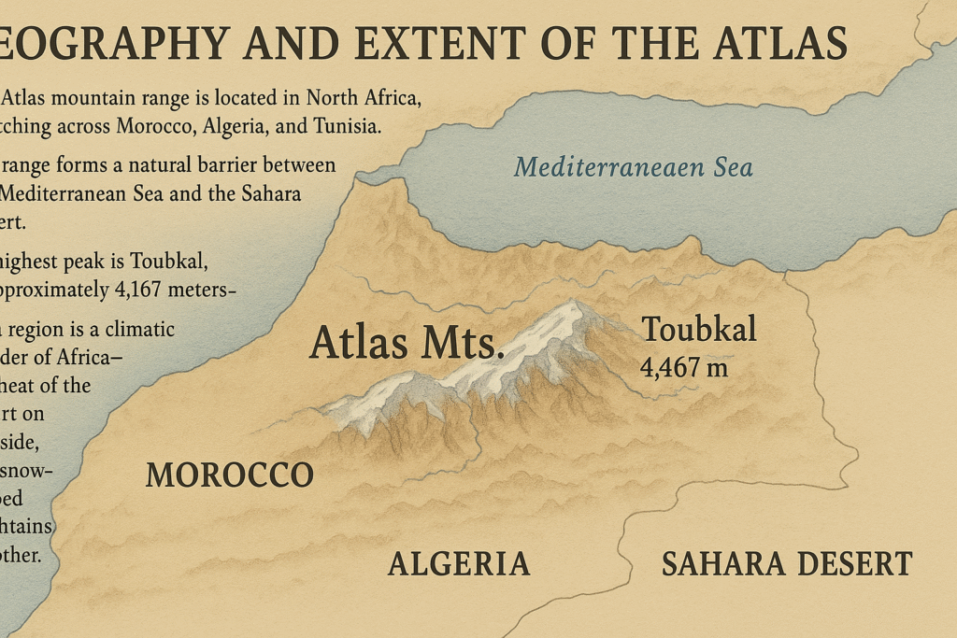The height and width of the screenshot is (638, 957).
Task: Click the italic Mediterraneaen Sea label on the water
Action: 633,168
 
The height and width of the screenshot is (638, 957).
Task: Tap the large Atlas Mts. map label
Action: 407,342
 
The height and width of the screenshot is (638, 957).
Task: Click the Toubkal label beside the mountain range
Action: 698,329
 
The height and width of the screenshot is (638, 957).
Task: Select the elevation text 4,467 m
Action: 683,366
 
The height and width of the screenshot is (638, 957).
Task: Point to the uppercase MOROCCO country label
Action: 230,475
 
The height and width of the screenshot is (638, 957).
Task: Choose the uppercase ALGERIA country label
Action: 459,563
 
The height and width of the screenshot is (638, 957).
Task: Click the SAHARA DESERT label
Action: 786,563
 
